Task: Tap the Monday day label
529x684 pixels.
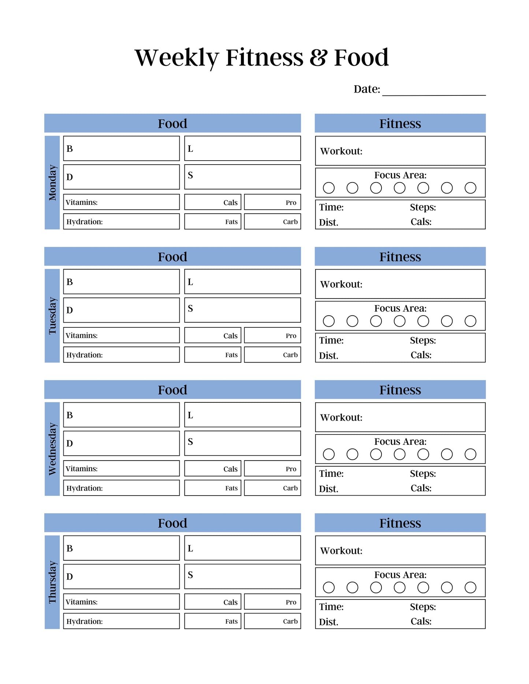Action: pos(52,183)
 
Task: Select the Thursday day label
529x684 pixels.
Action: pos(52,582)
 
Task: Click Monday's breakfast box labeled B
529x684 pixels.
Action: pos(121,149)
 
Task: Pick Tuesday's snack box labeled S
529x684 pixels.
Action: pos(242,310)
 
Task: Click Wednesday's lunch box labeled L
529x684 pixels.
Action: pos(242,415)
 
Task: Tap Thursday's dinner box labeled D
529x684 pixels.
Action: pos(121,576)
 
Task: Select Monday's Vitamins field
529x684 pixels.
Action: pos(121,202)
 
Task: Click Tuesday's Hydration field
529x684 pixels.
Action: pos(121,355)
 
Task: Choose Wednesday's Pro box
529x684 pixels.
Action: pos(272,469)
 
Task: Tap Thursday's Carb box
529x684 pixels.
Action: pos(272,621)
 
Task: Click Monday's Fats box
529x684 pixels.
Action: pos(213,222)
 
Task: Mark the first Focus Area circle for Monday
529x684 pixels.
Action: pos(329,188)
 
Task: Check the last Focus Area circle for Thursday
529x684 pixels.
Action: pos(470,587)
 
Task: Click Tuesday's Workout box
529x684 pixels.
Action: pos(400,284)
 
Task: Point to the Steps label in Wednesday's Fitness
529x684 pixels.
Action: pos(423,474)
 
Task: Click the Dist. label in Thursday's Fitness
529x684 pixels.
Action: pos(328,622)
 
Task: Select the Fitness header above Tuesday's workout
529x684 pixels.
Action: pos(400,257)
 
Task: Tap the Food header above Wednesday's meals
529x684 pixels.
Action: pos(172,390)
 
